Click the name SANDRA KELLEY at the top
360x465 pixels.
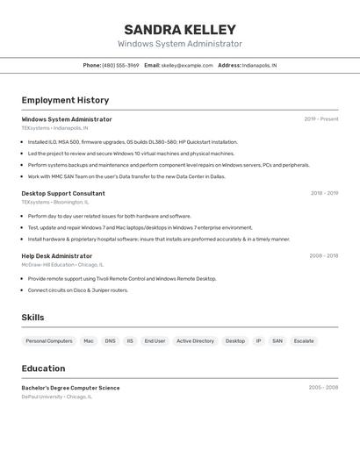(180, 30)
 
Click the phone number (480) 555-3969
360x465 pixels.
(120, 65)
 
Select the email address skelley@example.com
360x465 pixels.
(187, 65)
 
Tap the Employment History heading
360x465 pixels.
(65, 100)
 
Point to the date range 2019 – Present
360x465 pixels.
(321, 119)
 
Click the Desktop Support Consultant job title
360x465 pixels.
(63, 193)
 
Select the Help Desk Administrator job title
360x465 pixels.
(57, 256)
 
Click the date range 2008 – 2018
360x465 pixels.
(323, 256)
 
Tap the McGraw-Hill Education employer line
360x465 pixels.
(62, 264)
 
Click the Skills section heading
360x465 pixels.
(33, 318)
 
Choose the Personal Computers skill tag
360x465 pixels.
(49, 340)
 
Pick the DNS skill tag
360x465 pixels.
(110, 340)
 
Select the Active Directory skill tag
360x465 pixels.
(195, 340)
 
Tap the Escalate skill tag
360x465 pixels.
(304, 340)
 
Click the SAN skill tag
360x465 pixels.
(277, 340)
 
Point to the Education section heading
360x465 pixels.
(44, 368)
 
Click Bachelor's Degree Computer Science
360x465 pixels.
(70, 388)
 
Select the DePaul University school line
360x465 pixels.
(57, 397)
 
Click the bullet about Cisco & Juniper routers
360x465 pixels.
(77, 290)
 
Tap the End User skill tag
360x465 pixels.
(155, 340)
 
